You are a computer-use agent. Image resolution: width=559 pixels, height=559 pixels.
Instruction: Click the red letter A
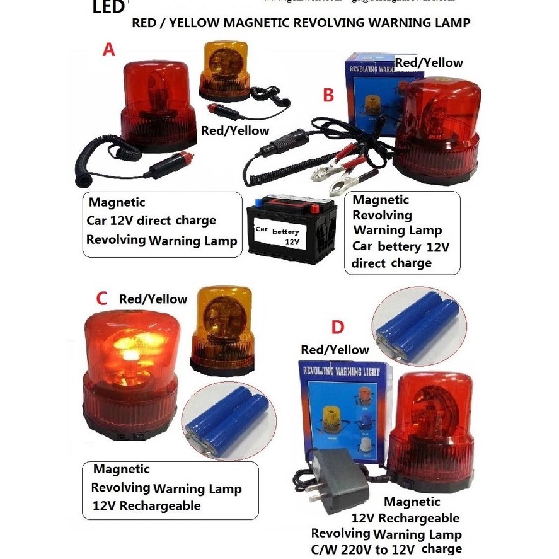click(x=109, y=49)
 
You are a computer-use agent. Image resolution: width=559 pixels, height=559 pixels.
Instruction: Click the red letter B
click(x=328, y=95)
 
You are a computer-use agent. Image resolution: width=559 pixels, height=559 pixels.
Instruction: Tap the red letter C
click(x=101, y=298)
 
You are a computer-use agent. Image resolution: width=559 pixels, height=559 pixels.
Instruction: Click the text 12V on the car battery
click(x=291, y=241)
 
